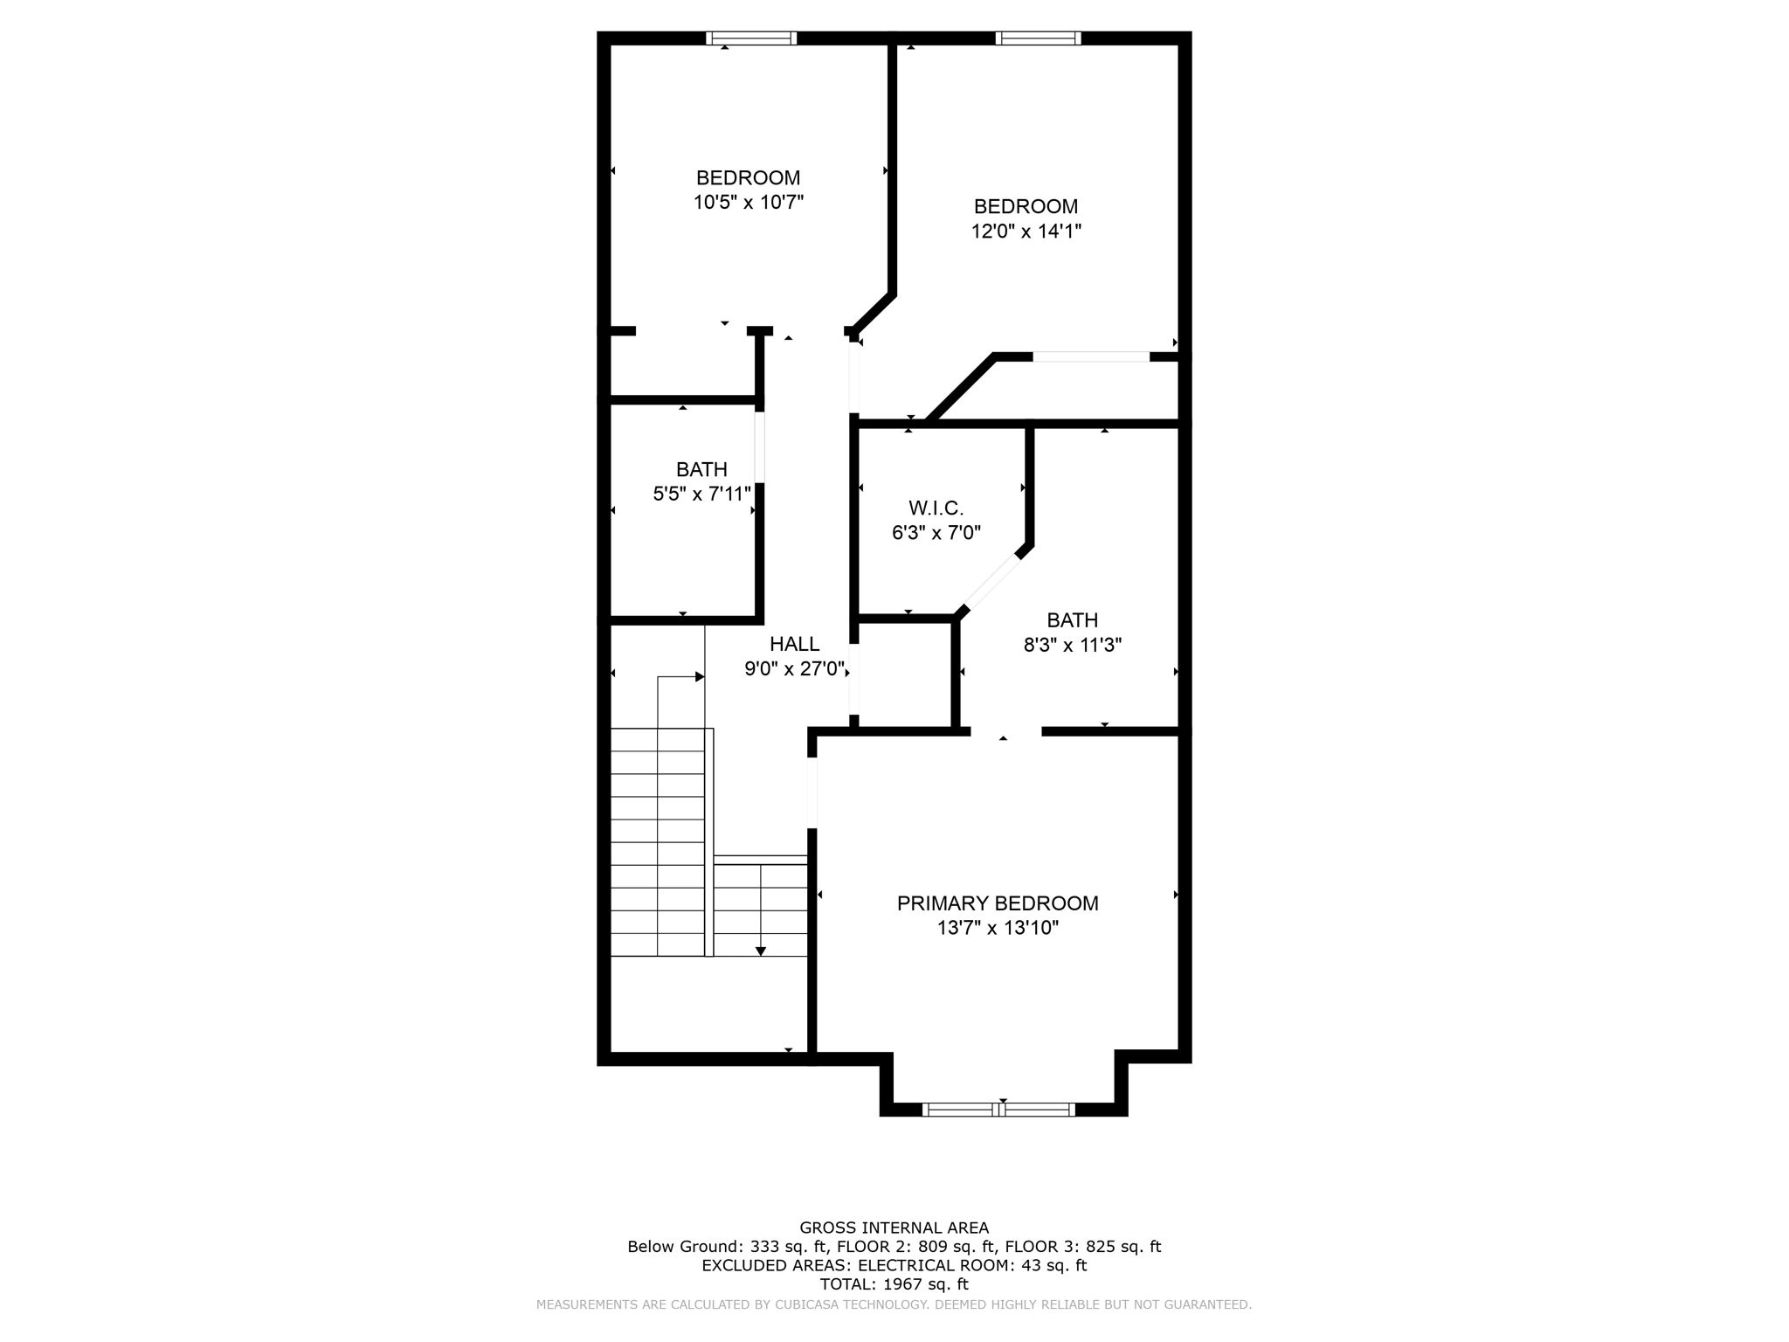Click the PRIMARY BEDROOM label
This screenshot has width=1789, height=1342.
point(997,903)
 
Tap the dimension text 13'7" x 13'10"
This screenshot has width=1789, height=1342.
point(998,928)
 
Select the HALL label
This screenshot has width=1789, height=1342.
point(794,644)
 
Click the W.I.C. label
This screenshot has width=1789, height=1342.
point(936,508)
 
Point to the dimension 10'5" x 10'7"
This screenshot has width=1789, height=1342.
point(748,203)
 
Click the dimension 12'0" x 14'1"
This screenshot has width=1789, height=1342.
point(1026,232)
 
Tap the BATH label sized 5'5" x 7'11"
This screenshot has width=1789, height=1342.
point(701,469)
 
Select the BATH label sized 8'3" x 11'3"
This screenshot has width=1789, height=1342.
point(1072,620)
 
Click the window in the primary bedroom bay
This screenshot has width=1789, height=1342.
point(998,1110)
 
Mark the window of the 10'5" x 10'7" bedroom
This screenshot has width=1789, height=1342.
point(751,38)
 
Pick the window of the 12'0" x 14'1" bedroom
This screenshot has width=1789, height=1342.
point(1038,38)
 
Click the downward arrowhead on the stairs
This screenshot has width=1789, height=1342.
point(761,951)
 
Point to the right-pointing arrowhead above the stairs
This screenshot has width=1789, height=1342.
point(700,676)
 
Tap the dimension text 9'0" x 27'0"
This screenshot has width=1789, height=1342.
point(794,669)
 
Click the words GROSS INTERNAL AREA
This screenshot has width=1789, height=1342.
point(894,1228)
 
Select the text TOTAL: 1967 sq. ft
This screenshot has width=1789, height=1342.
point(894,1284)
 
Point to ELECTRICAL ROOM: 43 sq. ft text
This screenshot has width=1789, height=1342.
point(972,1265)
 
